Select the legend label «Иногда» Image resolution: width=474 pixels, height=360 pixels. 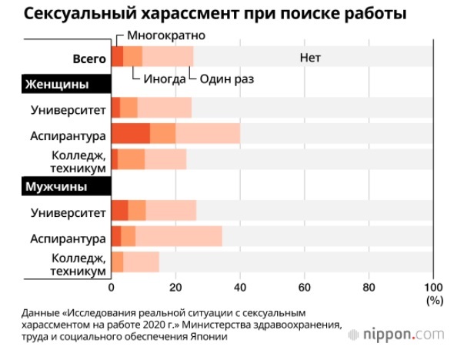(x=162, y=78)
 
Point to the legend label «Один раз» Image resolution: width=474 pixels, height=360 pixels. (x=228, y=78)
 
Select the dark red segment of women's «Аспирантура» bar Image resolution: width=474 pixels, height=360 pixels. (x=131, y=133)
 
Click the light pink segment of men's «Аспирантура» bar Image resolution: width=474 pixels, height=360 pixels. (x=179, y=235)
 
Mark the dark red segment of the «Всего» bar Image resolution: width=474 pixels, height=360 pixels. (x=117, y=56)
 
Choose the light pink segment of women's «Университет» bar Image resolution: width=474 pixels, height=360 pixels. (x=164, y=108)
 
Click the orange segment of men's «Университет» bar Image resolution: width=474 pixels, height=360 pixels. (x=137, y=210)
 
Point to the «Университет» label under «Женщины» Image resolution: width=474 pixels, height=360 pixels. (x=68, y=108)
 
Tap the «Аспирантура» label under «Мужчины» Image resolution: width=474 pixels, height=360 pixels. (x=68, y=236)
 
